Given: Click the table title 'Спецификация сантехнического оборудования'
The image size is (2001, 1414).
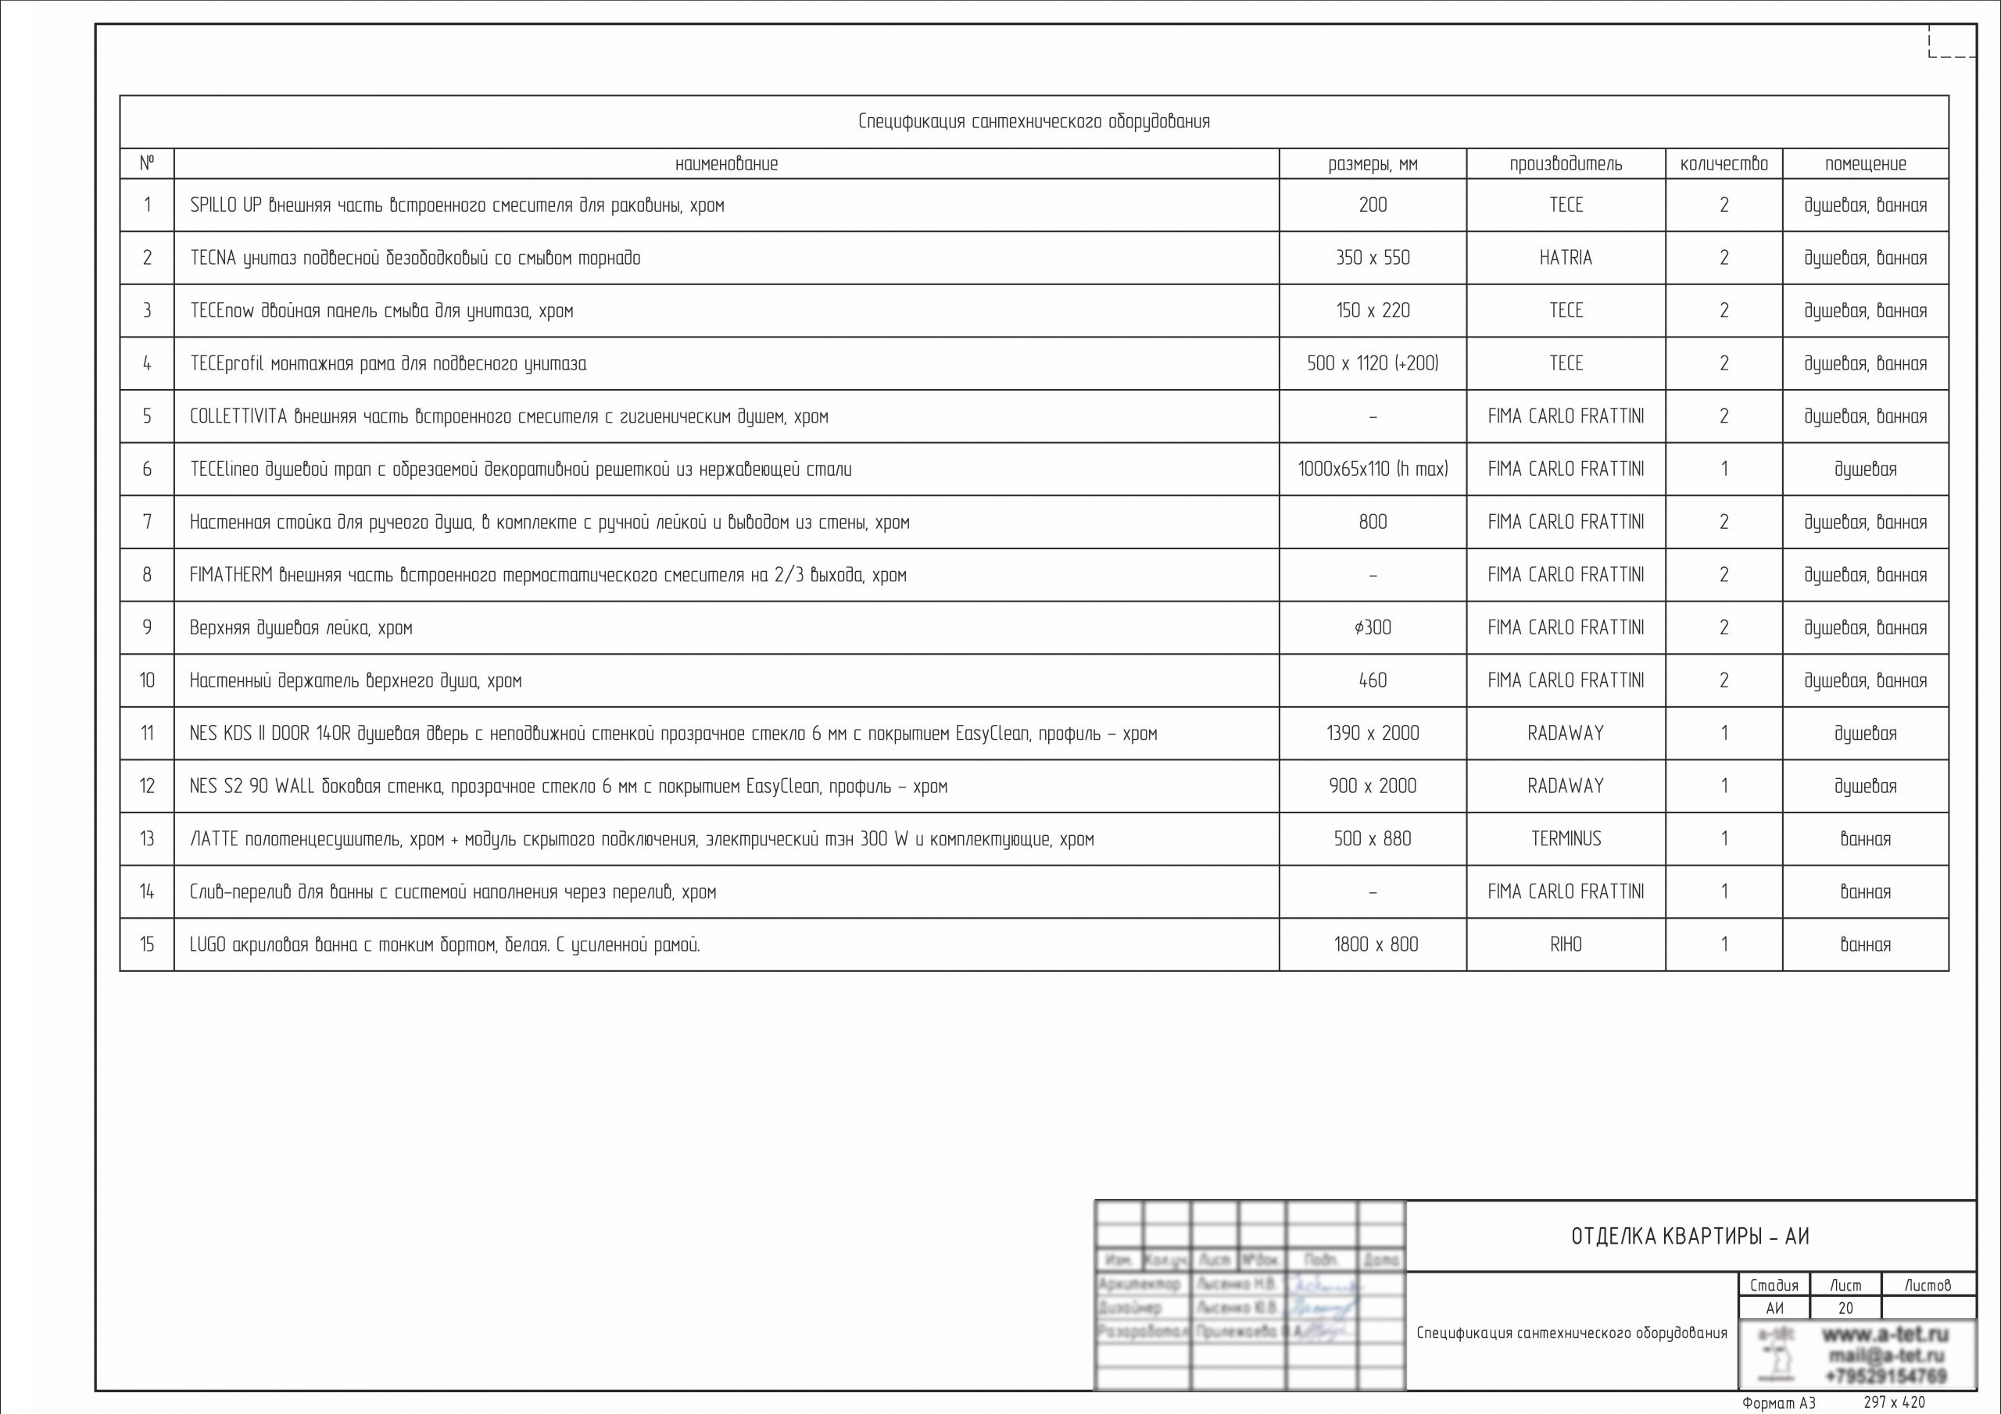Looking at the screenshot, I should tap(1033, 122).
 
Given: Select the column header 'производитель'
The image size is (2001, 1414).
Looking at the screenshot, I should tap(1566, 164).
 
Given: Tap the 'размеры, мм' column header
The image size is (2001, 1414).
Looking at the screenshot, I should tap(1373, 164).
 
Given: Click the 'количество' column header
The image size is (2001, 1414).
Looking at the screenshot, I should tap(1723, 164).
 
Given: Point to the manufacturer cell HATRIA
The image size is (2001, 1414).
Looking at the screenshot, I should tap(1566, 258).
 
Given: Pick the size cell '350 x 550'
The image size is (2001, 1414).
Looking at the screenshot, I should tap(1373, 258).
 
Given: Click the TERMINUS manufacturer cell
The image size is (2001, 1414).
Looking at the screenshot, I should tap(1566, 839).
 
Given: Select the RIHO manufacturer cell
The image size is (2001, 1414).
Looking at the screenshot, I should tap(1566, 944).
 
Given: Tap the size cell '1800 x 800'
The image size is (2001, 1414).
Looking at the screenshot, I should tap(1375, 944).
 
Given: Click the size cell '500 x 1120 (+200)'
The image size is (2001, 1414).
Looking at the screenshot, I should tap(1373, 363).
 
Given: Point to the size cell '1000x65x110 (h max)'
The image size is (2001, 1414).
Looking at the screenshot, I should tap(1373, 470).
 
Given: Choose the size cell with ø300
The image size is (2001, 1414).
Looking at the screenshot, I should tap(1373, 628).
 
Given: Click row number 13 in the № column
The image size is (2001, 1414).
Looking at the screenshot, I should tap(146, 839).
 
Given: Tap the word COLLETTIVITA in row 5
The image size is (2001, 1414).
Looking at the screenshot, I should tap(238, 416).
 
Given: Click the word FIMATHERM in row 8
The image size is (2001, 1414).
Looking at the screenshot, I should tap(231, 575).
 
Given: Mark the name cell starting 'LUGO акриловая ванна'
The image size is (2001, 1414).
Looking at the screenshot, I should tap(445, 944).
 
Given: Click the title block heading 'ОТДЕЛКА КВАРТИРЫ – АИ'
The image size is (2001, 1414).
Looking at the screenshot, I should tap(1690, 1236).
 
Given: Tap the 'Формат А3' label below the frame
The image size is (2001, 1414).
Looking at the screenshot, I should tap(1778, 1404).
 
